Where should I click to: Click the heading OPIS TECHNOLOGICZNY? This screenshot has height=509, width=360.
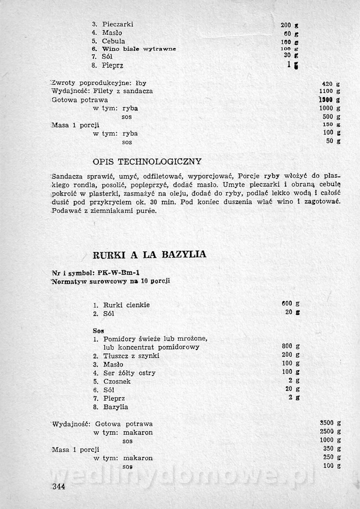(x=147, y=162)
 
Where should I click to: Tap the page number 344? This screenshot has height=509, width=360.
(x=57, y=486)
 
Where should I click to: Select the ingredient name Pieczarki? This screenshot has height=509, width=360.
(x=117, y=24)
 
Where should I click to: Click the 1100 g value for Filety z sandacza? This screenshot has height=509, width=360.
(x=329, y=91)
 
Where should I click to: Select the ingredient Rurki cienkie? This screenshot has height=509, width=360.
(x=126, y=305)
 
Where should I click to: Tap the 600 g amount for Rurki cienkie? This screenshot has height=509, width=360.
(x=290, y=304)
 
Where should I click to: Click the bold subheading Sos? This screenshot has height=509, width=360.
(x=98, y=330)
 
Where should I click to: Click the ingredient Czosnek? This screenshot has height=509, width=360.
(x=117, y=381)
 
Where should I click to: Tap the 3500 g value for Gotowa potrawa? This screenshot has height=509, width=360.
(x=330, y=423)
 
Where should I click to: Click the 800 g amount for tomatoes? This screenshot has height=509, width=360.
(x=290, y=347)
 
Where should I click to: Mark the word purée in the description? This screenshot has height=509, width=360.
(x=147, y=211)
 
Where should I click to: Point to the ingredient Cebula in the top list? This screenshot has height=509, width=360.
(x=113, y=41)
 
